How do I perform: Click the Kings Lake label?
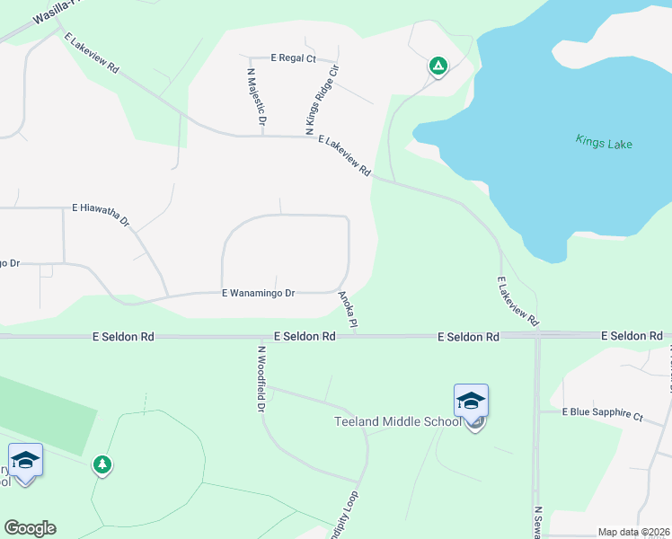click(x=605, y=142)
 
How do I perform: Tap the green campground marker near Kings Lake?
click(x=438, y=66)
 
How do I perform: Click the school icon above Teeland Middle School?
click(x=471, y=402)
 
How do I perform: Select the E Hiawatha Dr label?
click(x=102, y=215)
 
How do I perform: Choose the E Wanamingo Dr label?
click(x=259, y=293)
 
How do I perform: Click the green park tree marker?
click(x=102, y=464)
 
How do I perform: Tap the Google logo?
click(x=30, y=528)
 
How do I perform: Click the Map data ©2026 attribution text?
click(x=633, y=532)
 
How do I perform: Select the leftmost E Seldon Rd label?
click(x=123, y=336)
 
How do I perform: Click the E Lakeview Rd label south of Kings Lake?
click(x=518, y=301)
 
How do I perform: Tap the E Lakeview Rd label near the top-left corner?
click(x=92, y=52)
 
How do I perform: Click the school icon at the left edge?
click(x=25, y=462)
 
